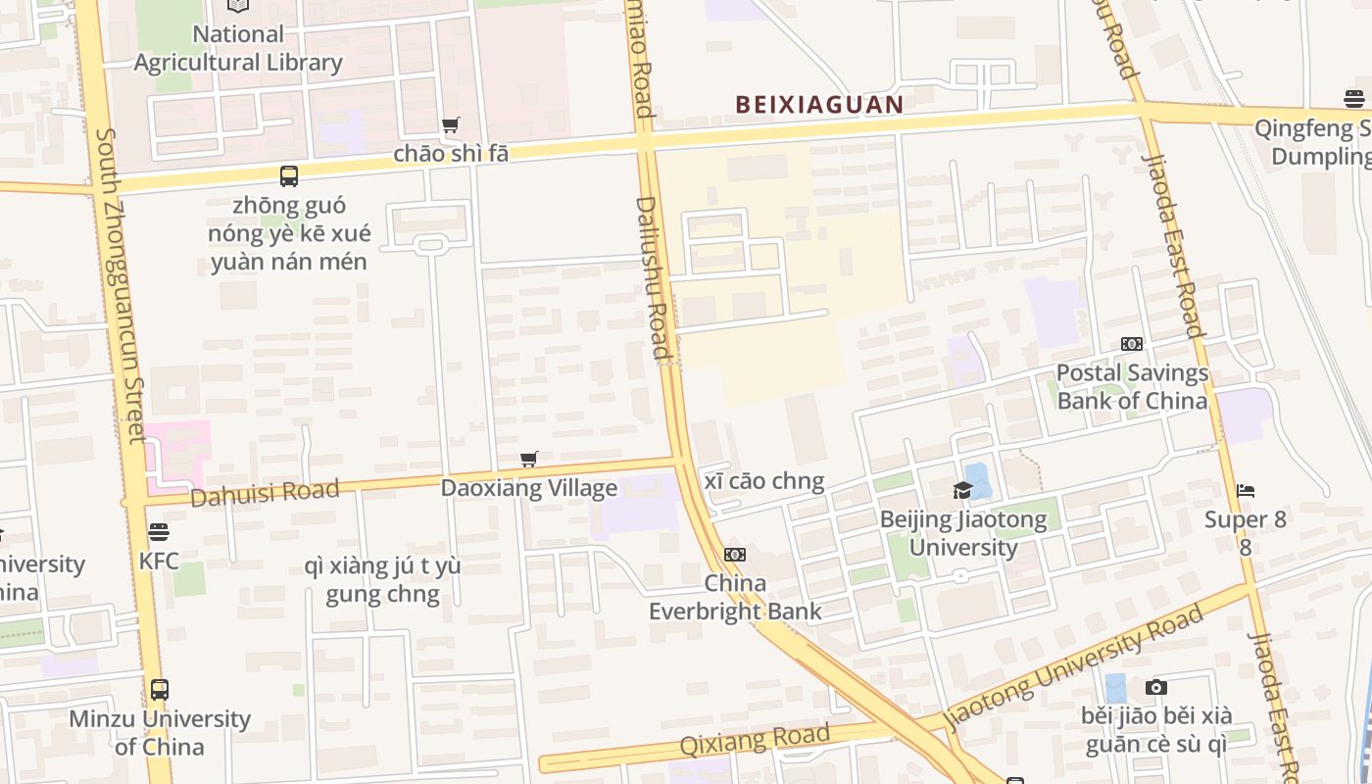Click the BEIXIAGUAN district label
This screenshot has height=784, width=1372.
pos(819,104)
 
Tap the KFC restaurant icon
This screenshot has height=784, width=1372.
pos(159,532)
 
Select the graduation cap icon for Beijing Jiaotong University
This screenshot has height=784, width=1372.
pos(962,490)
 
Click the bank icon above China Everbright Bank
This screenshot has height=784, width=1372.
pos(735,555)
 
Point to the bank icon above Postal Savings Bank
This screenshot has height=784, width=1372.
pos(1132,344)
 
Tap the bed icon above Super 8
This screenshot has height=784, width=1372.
pos(1246,490)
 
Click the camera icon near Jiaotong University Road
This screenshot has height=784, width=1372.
pos(1156,687)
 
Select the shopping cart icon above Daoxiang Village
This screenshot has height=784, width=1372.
pos(529,459)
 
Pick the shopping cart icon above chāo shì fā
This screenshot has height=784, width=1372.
pos(451,124)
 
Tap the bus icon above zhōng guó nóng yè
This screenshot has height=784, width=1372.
pos(288,176)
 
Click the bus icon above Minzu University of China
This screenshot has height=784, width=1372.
pos(159,689)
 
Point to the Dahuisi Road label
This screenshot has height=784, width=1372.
pos(265,492)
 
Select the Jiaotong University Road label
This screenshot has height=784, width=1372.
pos(1074,666)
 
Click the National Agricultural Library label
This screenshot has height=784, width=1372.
pos(238,48)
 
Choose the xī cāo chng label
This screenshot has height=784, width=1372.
pos(764,481)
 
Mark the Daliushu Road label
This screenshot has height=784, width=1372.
pos(654,277)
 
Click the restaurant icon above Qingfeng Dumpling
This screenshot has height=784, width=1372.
pos(1354,98)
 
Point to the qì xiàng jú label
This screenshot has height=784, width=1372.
pos(382,580)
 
